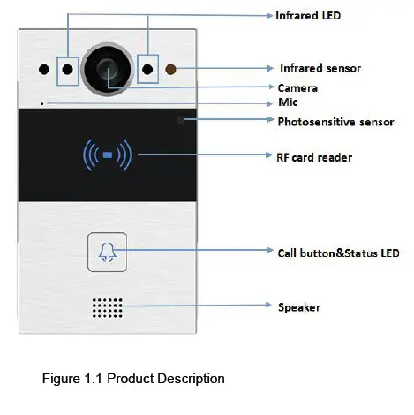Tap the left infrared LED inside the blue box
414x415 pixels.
pos(67,69)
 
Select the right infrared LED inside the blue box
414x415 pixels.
pos(148,69)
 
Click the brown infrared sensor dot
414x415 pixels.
pos(171,69)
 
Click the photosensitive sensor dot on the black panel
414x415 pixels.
pos(183,119)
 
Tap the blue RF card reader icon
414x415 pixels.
pos(107,156)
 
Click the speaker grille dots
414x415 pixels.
pos(107,306)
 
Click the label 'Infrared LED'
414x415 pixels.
pos(307,16)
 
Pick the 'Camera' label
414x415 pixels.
pos(297,88)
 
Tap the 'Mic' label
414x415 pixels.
pos(286,103)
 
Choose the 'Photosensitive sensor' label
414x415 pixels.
pos(335,122)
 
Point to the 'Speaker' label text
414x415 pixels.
pos(299,307)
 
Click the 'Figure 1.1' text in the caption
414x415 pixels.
pos(71,380)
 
